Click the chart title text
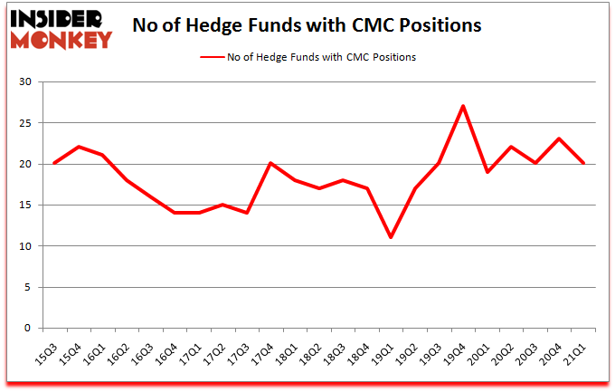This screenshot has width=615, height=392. pyautogui.click(x=307, y=24)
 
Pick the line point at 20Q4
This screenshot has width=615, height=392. pyautogui.click(x=559, y=139)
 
